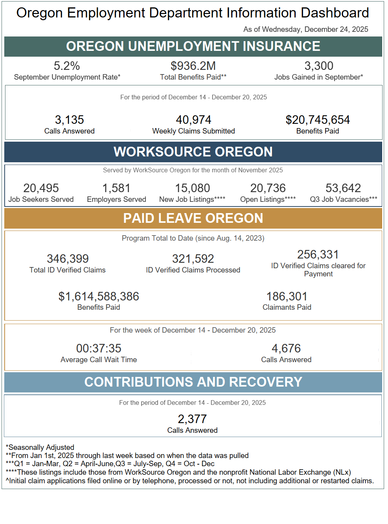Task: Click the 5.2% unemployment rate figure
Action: click(67, 66)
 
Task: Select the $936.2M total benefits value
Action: click(193, 66)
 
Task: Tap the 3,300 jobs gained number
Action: click(319, 66)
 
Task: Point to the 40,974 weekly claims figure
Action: click(194, 120)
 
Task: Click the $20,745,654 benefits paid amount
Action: click(318, 120)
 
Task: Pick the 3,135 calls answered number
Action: click(69, 120)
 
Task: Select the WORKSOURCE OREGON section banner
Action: click(193, 152)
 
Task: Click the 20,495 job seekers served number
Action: click(41, 188)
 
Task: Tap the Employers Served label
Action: click(116, 200)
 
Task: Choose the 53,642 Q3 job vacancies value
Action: click(343, 188)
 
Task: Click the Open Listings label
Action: click(268, 200)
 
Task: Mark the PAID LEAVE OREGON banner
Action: click(193, 218)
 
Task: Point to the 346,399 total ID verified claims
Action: click(68, 259)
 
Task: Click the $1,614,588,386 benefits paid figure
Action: click(99, 297)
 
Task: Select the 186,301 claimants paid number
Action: click(287, 297)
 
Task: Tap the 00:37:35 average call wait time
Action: click(99, 349)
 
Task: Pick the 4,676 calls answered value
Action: click(286, 349)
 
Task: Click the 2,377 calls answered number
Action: click(192, 419)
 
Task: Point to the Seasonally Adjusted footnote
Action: click(40, 448)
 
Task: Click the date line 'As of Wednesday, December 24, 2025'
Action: click(306, 29)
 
